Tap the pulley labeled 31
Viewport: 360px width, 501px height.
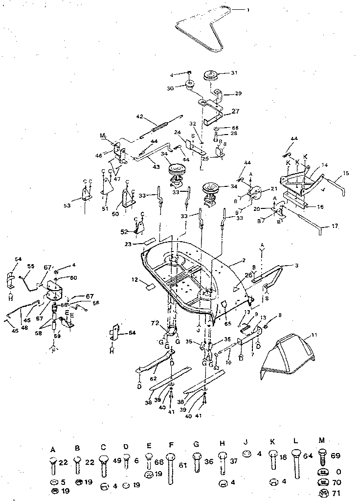point(210,78)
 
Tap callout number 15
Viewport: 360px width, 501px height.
point(346,173)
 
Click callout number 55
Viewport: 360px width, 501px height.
point(31,267)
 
